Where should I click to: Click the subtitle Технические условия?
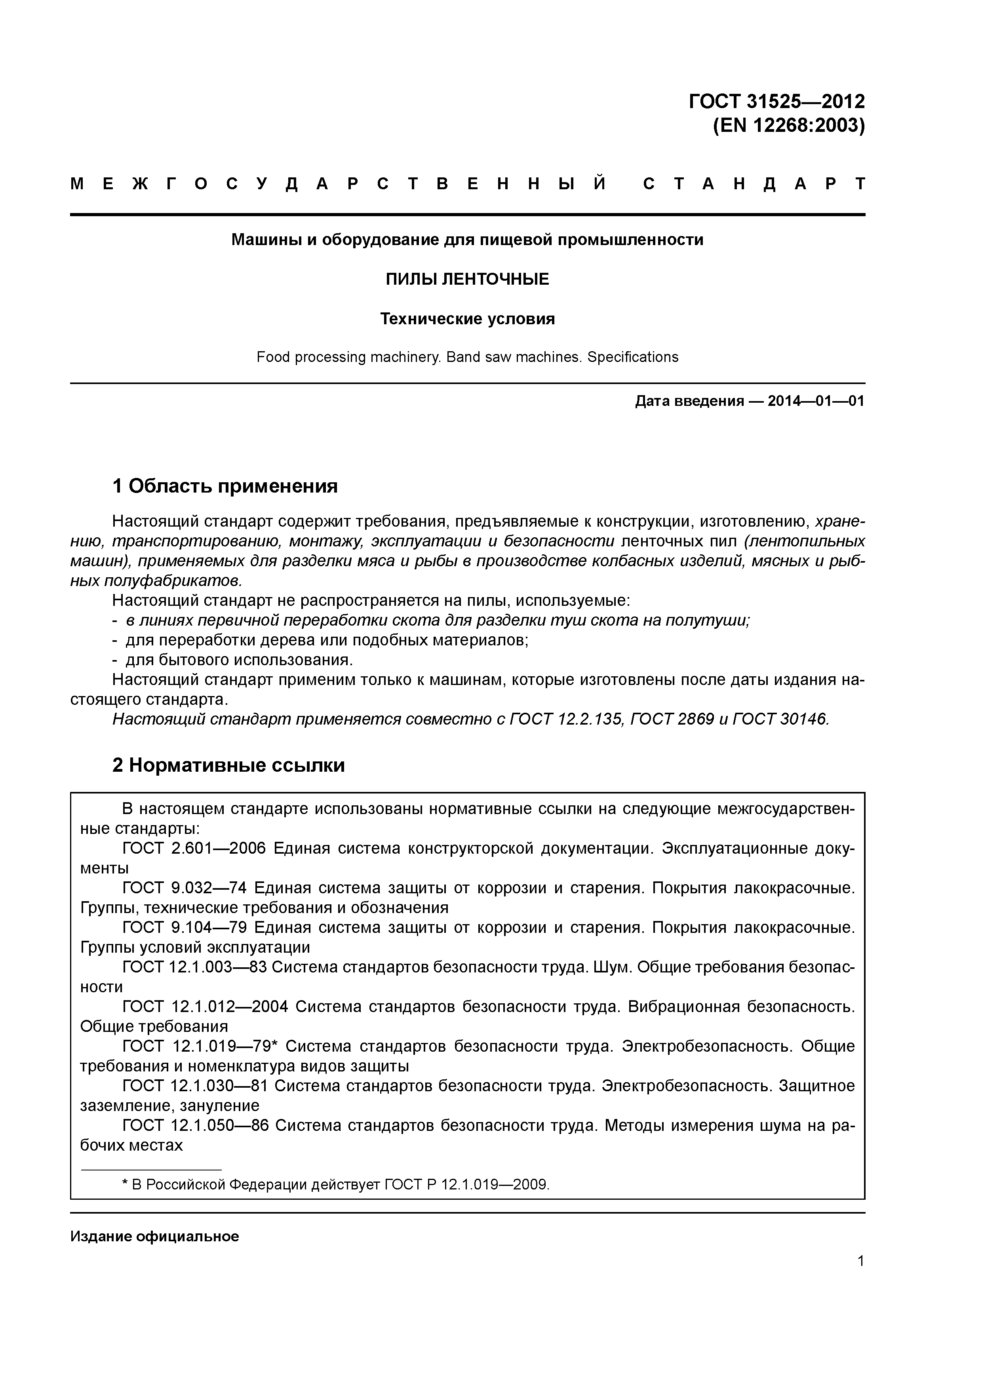tap(467, 319)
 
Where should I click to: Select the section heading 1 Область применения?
tap(225, 486)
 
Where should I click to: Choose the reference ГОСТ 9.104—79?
tap(185, 927)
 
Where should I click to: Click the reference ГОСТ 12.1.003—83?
tap(194, 967)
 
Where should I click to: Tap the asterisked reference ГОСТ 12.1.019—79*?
tap(199, 1046)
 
